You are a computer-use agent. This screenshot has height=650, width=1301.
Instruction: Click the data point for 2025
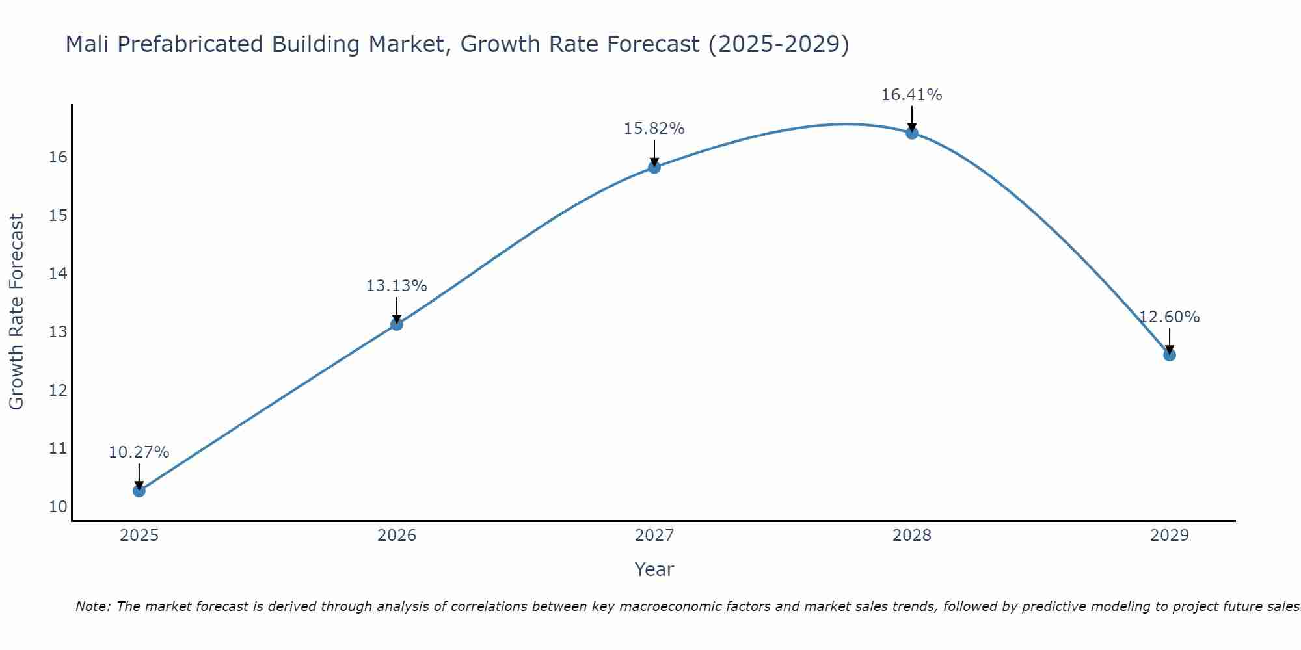[139, 490]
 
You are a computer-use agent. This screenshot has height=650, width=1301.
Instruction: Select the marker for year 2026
[396, 324]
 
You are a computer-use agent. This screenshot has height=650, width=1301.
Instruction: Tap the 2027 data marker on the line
[654, 167]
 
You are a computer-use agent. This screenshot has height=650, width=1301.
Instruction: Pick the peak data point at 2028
[911, 133]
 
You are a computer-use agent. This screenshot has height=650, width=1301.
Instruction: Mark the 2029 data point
[1169, 354]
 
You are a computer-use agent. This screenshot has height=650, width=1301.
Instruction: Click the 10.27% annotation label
[139, 452]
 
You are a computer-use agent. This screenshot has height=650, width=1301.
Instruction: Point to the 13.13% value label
[396, 286]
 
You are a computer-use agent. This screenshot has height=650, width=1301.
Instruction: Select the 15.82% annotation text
[654, 129]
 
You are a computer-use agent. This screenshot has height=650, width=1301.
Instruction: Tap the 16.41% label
[911, 95]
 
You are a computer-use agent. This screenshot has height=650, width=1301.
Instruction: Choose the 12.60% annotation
[1169, 317]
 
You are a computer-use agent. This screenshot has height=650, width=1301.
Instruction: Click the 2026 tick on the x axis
[396, 536]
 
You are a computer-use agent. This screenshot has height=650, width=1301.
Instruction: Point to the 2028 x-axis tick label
[911, 536]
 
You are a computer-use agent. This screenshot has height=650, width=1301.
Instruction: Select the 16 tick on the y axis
[58, 157]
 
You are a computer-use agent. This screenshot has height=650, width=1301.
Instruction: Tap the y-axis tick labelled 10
[58, 507]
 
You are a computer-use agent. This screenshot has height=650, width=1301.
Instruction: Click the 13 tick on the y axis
[58, 332]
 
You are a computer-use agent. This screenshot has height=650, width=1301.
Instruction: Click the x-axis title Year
[654, 569]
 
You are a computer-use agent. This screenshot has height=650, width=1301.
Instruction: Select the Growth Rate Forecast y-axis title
[16, 312]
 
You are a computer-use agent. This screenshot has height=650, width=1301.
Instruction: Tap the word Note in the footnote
[93, 606]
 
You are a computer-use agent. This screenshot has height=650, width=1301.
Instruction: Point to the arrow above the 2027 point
[654, 153]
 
